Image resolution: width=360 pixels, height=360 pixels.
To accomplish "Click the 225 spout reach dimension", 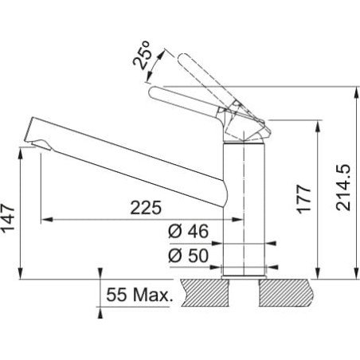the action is (146, 208).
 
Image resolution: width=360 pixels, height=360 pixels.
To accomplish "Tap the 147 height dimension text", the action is (8, 219).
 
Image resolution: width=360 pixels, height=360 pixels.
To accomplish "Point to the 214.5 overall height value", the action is (343, 188).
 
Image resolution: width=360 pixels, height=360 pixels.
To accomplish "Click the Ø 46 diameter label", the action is (188, 231).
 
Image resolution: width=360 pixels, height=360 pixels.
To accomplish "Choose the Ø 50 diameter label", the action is (188, 256).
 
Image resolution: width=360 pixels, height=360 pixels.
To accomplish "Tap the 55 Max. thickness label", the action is (139, 295).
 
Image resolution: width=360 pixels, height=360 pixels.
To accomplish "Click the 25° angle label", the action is (143, 55).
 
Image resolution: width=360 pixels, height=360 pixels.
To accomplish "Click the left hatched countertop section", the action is (205, 293).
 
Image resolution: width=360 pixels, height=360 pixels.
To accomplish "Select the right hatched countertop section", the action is (286, 293).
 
